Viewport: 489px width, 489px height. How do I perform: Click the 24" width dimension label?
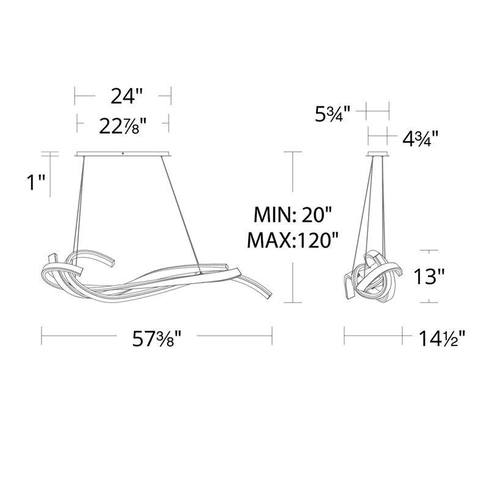click(x=127, y=96)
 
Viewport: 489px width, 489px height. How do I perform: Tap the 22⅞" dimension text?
click(x=123, y=127)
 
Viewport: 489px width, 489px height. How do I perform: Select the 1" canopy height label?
click(x=36, y=182)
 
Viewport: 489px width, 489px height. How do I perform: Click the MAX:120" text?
click(x=293, y=240)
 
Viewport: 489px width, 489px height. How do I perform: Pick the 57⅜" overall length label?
click(x=157, y=339)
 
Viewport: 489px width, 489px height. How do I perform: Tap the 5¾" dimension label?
click(x=333, y=114)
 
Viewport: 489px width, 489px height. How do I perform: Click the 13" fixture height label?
click(x=429, y=276)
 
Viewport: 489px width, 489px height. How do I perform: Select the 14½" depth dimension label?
click(x=441, y=339)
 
